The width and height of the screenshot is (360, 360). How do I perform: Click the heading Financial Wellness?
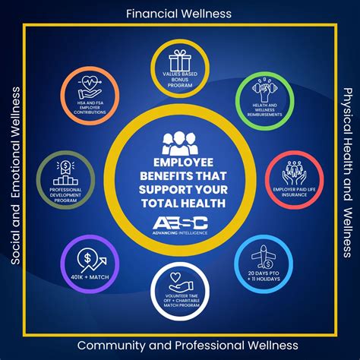(x=180, y=13)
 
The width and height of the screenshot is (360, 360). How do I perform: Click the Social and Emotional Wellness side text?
(x=14, y=180)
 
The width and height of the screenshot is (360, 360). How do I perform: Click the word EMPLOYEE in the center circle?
(x=180, y=162)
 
